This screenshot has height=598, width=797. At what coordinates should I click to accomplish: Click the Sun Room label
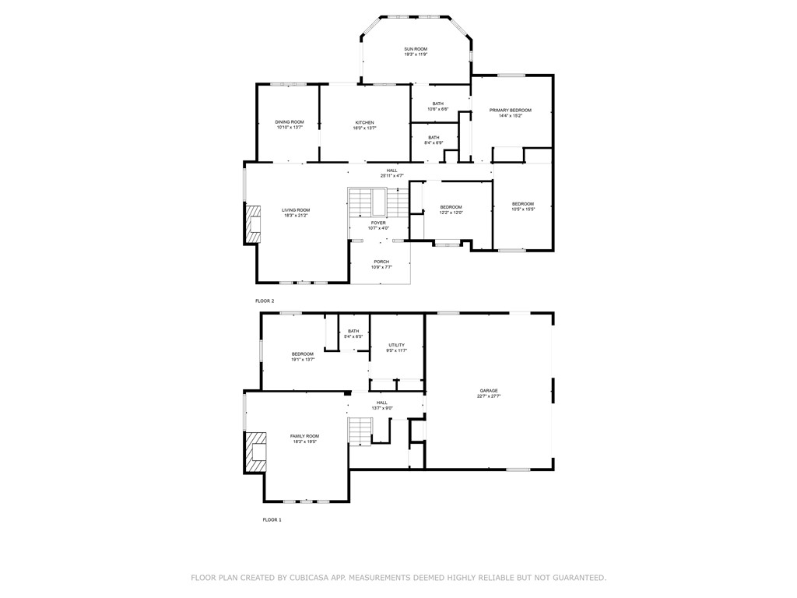415,51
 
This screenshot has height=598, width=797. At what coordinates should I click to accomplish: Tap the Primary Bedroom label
510,113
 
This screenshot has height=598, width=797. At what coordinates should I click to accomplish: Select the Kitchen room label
365,125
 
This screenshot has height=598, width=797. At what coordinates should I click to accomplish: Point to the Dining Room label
289,125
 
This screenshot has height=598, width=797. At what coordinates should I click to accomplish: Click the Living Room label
296,213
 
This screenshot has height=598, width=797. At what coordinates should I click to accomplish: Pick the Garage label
489,393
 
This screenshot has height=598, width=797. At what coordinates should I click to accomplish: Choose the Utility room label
397,347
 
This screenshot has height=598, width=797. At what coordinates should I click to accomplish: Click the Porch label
381,264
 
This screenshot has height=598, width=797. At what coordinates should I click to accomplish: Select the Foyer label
378,225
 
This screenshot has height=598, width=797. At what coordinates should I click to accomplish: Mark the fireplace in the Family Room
255,451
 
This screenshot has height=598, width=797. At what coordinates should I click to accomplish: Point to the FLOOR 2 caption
265,301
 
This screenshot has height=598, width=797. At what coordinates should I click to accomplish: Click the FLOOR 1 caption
272,519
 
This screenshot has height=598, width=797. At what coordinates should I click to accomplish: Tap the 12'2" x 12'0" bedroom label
451,209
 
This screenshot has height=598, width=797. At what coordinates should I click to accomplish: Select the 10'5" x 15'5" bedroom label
522,206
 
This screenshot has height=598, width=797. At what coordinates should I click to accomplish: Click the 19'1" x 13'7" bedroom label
303,357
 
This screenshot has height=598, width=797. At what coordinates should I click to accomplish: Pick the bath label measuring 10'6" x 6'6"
438,107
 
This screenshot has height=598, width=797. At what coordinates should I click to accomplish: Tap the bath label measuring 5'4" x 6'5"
353,333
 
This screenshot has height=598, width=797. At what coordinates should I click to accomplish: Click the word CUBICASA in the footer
309,578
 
